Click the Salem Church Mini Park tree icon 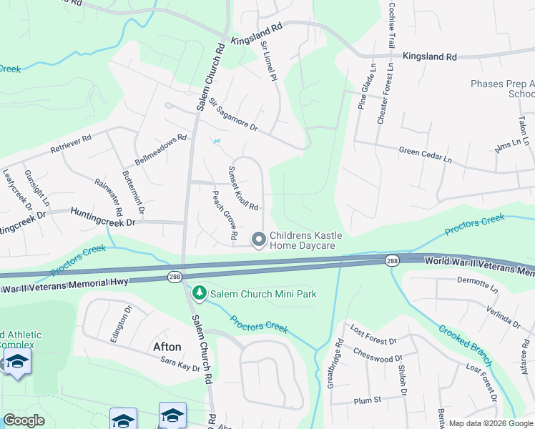(199, 294)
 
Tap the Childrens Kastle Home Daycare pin (259, 239)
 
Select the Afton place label (167, 347)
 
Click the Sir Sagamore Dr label (232, 117)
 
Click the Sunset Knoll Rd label (242, 188)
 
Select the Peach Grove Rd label (224, 214)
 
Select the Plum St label (368, 401)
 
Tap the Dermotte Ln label (476, 285)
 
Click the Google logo (24, 420)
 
